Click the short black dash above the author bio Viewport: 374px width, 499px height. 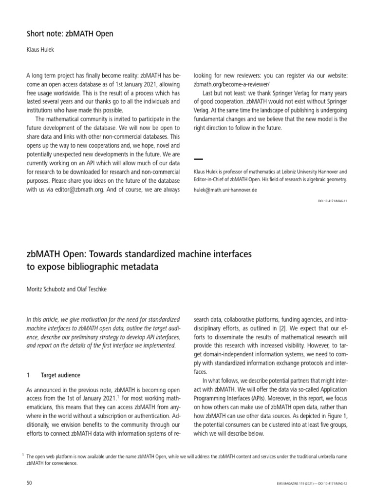click(198, 159)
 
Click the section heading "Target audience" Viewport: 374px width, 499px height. click(60, 375)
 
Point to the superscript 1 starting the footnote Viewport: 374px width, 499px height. click(24, 454)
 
